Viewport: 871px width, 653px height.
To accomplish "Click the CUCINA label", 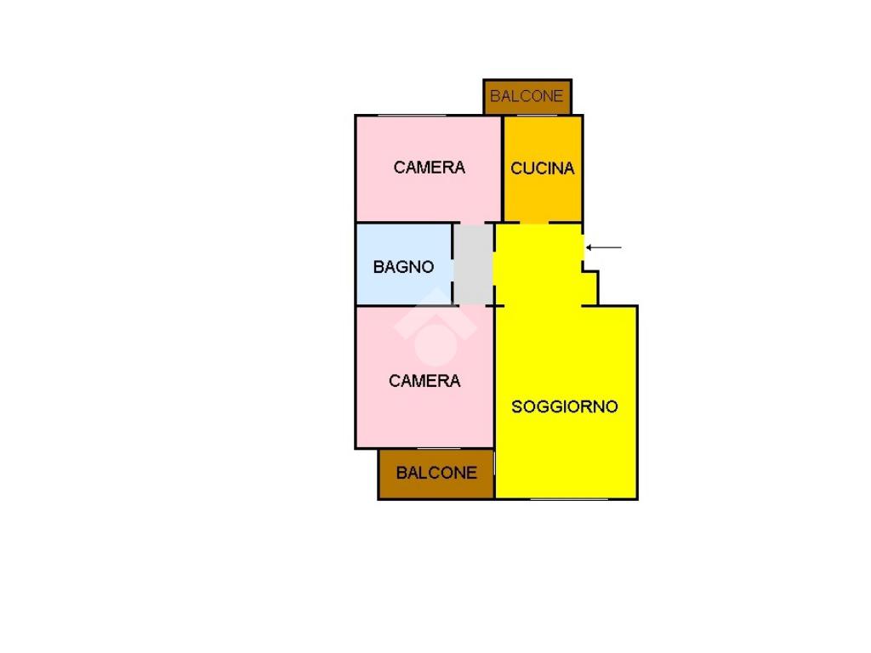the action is [x=542, y=168].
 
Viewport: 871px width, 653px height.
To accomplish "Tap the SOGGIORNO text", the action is [x=565, y=407].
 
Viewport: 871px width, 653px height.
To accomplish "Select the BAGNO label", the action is [x=403, y=267].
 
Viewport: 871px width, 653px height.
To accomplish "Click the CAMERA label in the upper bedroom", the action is [x=429, y=168].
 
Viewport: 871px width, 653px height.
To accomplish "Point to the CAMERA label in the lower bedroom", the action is [x=424, y=381].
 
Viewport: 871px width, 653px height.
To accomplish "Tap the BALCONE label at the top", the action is [x=527, y=96].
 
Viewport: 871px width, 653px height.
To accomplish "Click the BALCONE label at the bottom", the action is [x=436, y=473].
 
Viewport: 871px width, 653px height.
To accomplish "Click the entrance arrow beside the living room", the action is [x=604, y=247].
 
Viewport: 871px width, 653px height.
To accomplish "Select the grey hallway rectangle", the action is [x=473, y=264].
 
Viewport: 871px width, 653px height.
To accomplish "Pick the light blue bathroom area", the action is [x=404, y=264].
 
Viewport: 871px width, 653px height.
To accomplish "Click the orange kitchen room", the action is [x=543, y=169].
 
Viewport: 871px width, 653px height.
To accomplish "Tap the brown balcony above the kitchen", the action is [x=527, y=97].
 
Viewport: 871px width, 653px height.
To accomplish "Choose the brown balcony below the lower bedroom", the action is [x=436, y=474].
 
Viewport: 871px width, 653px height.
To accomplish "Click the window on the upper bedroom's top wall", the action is [x=412, y=116].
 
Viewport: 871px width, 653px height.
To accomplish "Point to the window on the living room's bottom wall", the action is [x=569, y=498].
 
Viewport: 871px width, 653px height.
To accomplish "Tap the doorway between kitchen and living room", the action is [x=534, y=224].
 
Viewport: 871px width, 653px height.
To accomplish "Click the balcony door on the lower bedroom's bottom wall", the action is [x=439, y=449].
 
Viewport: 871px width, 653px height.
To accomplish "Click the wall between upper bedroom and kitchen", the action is [x=502, y=169].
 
